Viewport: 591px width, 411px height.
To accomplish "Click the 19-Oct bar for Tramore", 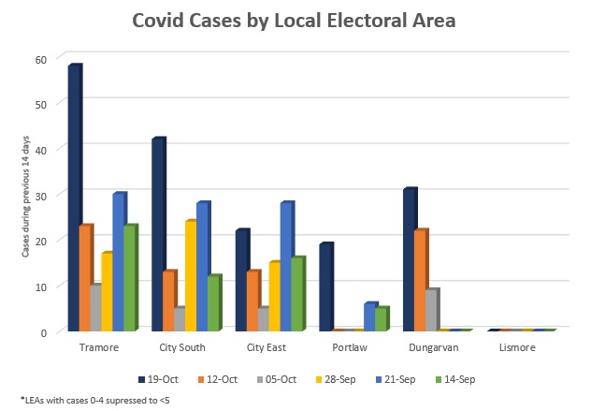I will [75, 197].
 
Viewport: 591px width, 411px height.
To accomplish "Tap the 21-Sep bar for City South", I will [202, 266].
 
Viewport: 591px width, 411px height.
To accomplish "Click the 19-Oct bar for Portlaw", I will [326, 286].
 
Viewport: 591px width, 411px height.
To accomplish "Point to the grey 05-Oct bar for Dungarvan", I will [432, 309].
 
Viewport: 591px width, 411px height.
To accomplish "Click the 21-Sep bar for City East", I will [286, 266].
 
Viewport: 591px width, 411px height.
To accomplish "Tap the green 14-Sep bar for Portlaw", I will [382, 318].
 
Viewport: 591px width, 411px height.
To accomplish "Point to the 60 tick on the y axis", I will [40, 58].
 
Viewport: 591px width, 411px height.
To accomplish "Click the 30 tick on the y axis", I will [40, 194].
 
